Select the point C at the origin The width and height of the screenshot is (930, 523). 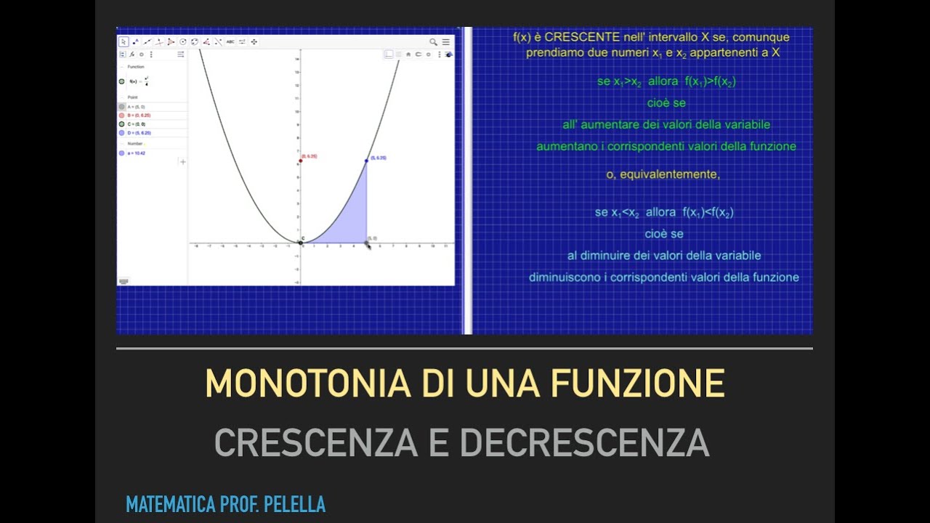[301, 243]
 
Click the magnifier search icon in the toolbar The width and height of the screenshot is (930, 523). [434, 42]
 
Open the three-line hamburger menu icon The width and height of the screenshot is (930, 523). [446, 42]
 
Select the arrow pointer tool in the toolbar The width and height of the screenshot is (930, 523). [124, 42]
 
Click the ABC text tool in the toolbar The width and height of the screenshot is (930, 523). [230, 42]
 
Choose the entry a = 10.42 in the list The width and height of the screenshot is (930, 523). [137, 153]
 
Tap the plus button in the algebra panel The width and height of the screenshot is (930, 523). [182, 162]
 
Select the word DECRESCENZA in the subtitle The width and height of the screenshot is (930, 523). [584, 442]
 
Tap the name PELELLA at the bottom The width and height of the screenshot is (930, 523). [296, 504]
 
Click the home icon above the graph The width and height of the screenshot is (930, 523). [408, 54]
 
